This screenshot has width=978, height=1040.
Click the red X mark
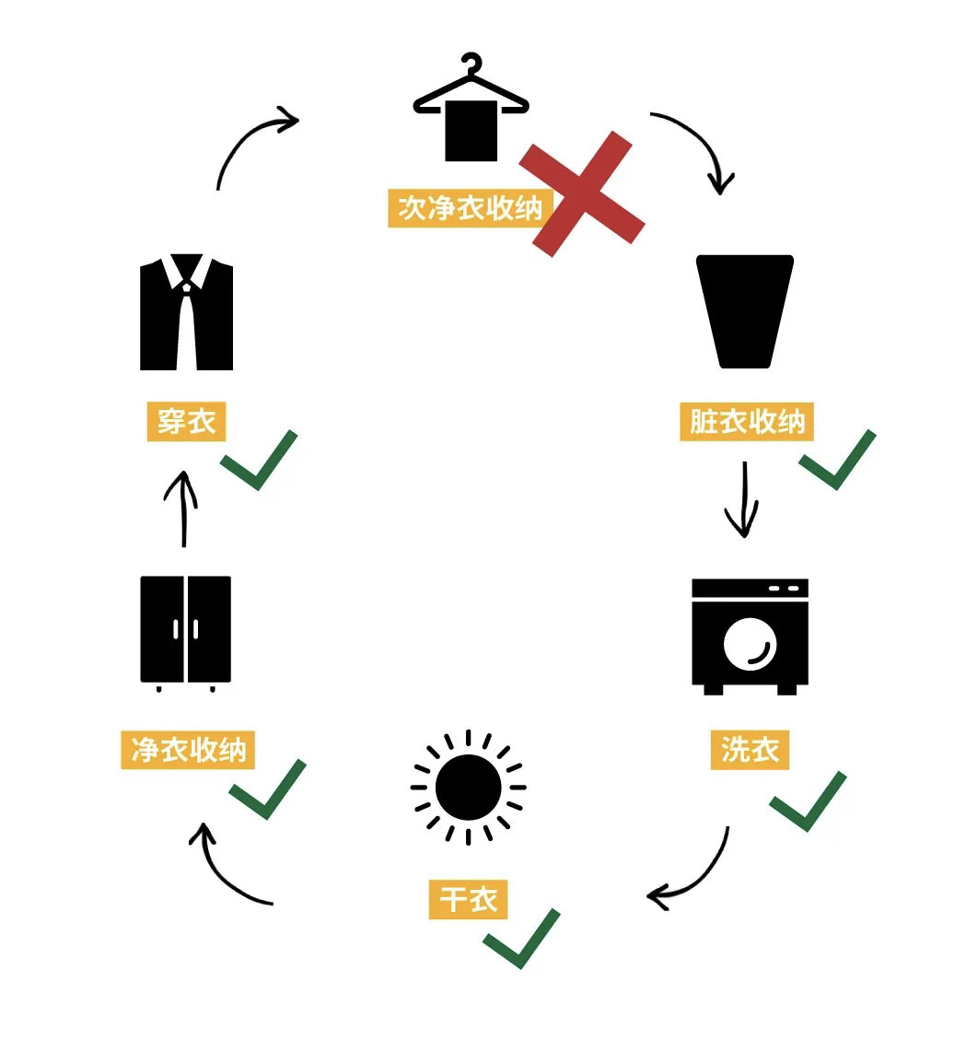pyautogui.click(x=582, y=193)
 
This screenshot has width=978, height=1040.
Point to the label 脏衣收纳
pyautogui.click(x=747, y=422)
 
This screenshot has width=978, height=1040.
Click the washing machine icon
pyautogui.click(x=750, y=636)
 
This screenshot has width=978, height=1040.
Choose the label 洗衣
pyautogui.click(x=750, y=750)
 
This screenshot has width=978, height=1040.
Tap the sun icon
pyautogui.click(x=468, y=788)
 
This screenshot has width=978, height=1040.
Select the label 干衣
pyautogui.click(x=468, y=899)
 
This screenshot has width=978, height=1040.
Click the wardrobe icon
pyautogui.click(x=185, y=632)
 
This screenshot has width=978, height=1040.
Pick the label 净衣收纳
pyautogui.click(x=188, y=750)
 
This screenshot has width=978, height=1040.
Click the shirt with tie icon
pyautogui.click(x=186, y=313)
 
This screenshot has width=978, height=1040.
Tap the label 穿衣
pyautogui.click(x=186, y=422)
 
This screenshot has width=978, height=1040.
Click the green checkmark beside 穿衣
pyautogui.click(x=261, y=460)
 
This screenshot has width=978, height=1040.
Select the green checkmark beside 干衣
pyautogui.click(x=522, y=938)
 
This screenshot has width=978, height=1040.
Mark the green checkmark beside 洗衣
pyautogui.click(x=808, y=801)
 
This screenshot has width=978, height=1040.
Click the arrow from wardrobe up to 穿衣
pyautogui.click(x=184, y=508)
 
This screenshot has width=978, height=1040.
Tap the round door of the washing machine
pyautogui.click(x=750, y=642)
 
